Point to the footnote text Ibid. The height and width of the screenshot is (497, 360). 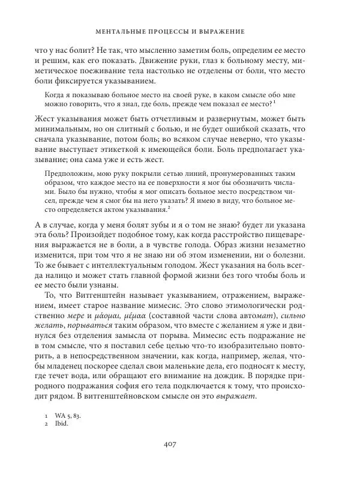tap(59, 423)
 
